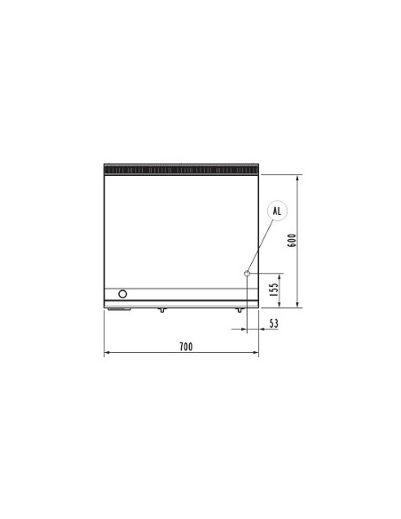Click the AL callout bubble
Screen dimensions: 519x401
[x=276, y=211]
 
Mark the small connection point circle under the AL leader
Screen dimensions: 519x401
[x=248, y=274]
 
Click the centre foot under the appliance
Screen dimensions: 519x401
[x=161, y=310]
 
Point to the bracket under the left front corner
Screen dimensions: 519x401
[x=118, y=309]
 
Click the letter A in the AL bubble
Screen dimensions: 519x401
[x=272, y=211]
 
